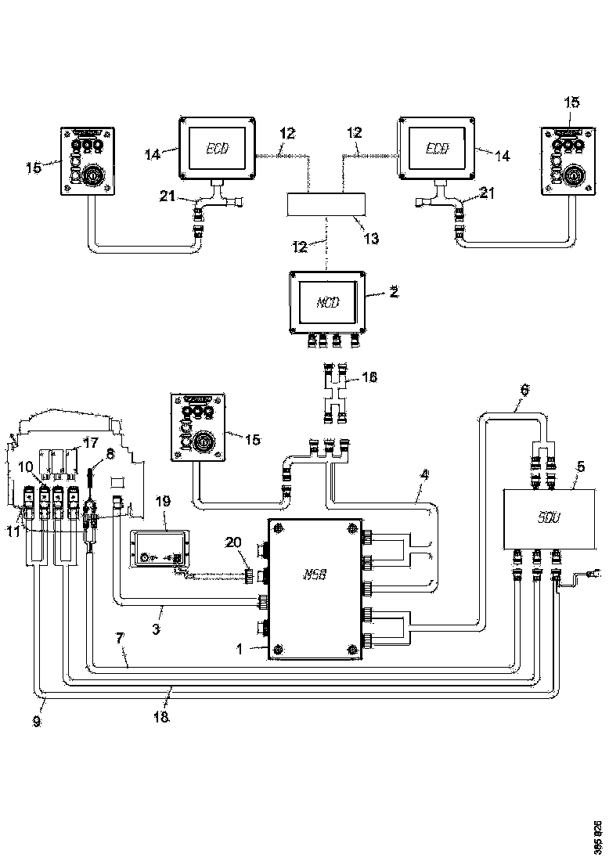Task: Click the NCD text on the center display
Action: click(326, 301)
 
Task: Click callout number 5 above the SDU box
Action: click(579, 468)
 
